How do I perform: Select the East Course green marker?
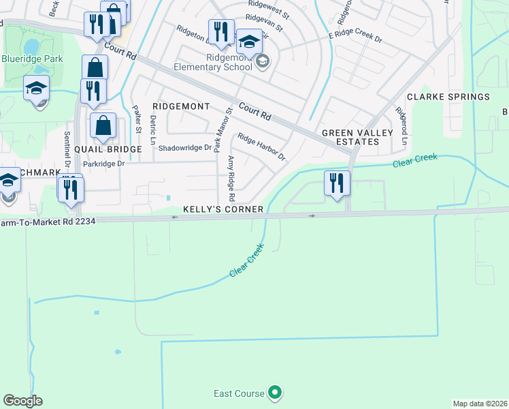point(275,392)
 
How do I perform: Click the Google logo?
point(22,401)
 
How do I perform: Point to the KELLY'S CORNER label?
point(223,209)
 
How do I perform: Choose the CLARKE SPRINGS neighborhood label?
point(448,97)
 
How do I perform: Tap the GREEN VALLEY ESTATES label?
point(350,137)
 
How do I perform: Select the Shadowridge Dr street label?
point(185,147)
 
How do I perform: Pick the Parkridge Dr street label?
point(104,164)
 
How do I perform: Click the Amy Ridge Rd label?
point(231,178)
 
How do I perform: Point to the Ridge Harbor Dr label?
point(261,147)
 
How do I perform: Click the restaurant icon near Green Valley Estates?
point(337,183)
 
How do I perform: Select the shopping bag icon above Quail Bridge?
point(103,126)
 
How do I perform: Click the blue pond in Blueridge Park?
point(31,46)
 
